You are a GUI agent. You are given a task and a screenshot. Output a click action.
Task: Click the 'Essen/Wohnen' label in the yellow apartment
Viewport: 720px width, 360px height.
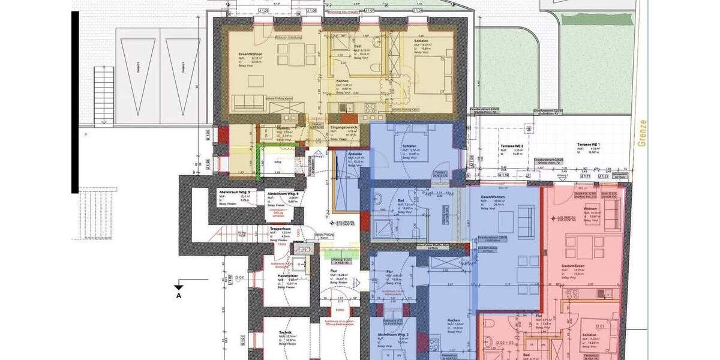coord(251,54)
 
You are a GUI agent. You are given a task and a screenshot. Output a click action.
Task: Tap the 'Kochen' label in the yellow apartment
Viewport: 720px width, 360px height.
coord(343,80)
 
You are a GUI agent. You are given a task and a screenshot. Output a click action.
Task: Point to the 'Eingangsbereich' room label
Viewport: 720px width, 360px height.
coord(344,128)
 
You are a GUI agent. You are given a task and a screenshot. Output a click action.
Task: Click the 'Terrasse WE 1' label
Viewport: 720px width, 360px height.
coord(589,145)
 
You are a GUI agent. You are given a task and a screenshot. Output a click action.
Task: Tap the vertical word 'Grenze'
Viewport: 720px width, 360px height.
coord(644,135)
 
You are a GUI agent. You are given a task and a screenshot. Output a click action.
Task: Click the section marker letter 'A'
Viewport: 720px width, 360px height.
coord(178,295)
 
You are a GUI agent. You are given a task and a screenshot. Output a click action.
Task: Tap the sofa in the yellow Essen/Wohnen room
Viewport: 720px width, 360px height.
coord(251,103)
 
